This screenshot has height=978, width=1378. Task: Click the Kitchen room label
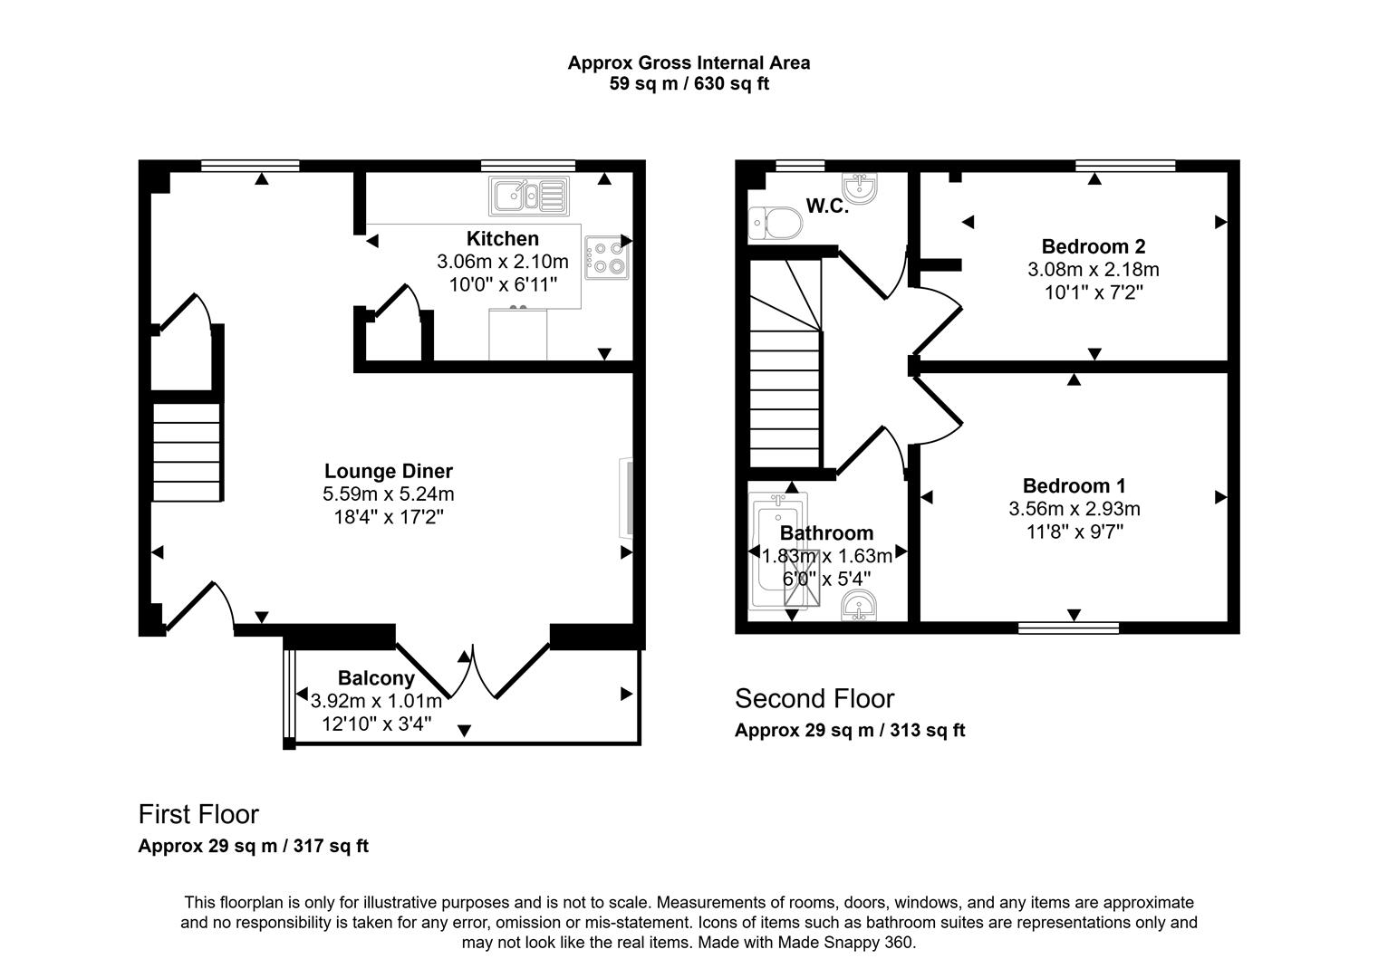click(502, 238)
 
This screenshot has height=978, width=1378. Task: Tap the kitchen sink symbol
click(529, 196)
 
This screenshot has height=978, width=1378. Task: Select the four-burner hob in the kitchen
click(606, 257)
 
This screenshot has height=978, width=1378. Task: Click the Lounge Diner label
click(388, 471)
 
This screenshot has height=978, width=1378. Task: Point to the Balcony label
click(376, 677)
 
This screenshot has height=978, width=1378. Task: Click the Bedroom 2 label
click(1093, 246)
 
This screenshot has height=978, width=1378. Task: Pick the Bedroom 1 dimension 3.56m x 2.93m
click(1074, 509)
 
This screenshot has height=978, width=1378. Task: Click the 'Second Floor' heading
click(814, 699)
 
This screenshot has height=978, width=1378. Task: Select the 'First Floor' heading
click(198, 814)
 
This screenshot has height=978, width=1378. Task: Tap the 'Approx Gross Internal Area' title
click(689, 62)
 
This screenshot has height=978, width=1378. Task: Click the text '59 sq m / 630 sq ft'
click(689, 84)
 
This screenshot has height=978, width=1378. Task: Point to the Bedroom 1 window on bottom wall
click(1068, 628)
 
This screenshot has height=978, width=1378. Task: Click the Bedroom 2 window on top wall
click(1124, 166)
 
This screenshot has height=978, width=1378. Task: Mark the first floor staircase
click(186, 451)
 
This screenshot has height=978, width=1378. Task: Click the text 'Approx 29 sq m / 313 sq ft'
click(849, 730)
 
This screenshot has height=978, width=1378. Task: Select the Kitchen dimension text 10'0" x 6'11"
click(502, 284)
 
